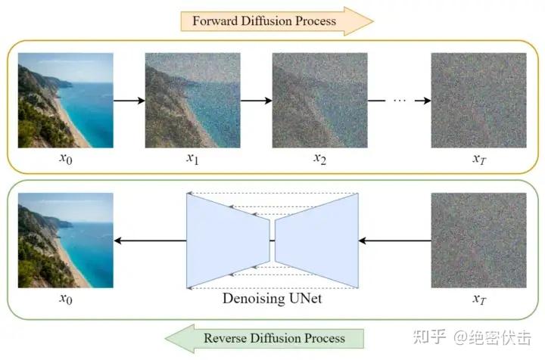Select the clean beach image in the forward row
[x=65, y=100]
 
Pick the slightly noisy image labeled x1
[x=192, y=100]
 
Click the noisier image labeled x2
[x=319, y=100]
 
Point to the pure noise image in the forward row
[x=478, y=100]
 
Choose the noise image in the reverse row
[x=478, y=241]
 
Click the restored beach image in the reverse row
[x=65, y=241]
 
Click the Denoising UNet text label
[x=272, y=298]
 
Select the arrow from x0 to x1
[x=129, y=100]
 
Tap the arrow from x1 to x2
[x=257, y=100]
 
